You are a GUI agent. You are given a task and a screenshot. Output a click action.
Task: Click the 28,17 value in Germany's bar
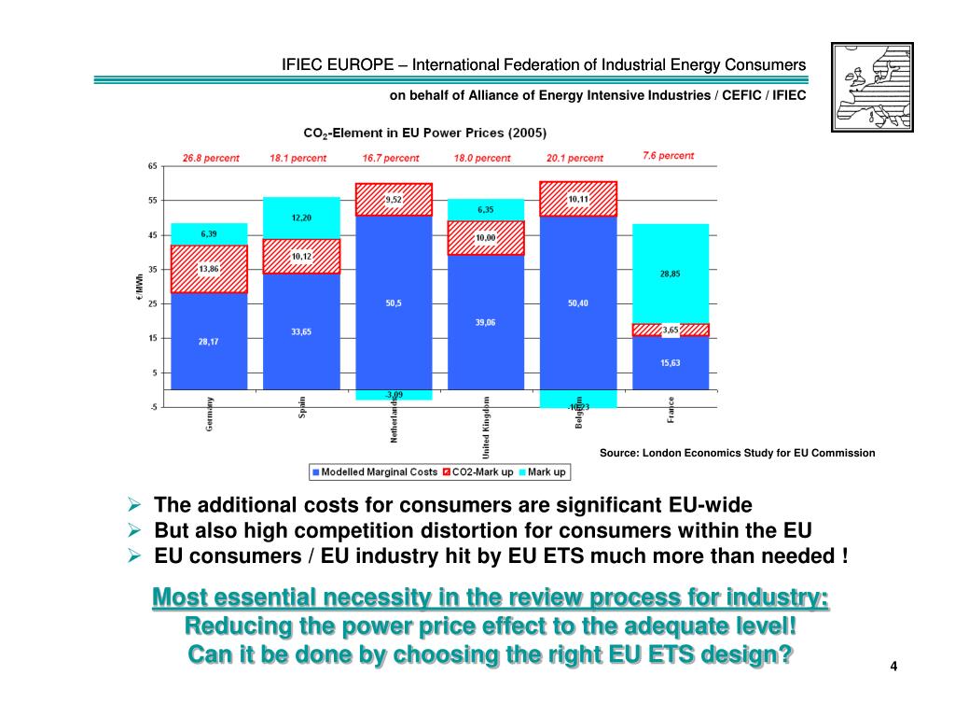pos(210,342)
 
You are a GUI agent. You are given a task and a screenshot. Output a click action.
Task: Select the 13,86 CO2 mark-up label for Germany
pos(210,269)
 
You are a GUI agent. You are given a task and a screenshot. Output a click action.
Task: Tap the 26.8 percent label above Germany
pos(211,158)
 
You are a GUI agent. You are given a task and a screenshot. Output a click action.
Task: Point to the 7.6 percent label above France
pos(669,156)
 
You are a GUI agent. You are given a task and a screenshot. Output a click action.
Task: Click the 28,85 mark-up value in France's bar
pos(671,274)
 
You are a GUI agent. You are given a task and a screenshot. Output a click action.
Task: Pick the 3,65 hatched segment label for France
pos(671,330)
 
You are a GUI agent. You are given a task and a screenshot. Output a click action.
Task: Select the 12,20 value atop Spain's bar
pos(301,218)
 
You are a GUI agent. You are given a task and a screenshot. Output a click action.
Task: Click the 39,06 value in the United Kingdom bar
pos(486,321)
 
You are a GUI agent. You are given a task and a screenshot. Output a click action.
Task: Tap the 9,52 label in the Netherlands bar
pos(394,199)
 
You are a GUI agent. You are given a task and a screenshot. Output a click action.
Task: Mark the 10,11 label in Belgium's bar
pos(577,199)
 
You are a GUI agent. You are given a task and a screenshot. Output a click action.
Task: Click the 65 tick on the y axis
pos(152,166)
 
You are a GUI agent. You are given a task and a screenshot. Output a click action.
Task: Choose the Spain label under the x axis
pos(302,408)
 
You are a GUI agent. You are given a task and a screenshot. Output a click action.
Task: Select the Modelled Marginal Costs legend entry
pos(373,472)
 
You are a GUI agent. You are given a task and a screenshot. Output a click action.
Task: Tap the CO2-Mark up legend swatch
pos(448,472)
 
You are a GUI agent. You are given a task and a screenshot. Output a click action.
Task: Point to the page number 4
pos(893,666)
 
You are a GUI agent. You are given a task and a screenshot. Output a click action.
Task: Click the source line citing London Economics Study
pos(737,453)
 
